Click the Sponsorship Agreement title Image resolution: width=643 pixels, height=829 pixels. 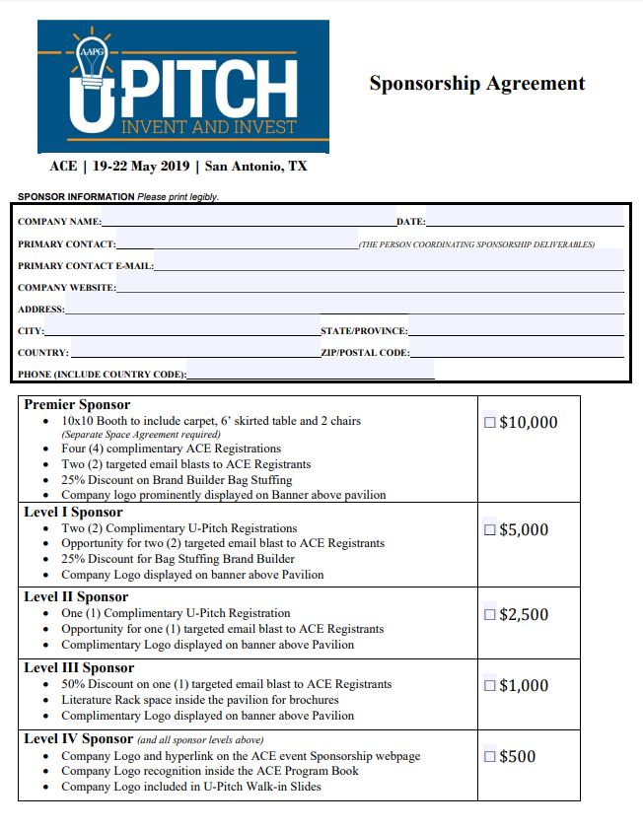click(477, 84)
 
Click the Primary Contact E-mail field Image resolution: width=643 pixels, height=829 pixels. click(389, 265)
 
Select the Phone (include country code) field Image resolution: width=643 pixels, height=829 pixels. click(310, 374)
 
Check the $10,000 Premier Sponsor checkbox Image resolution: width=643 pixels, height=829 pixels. click(490, 423)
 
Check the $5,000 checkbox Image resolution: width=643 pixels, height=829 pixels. click(490, 530)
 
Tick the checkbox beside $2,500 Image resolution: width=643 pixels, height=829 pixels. click(490, 615)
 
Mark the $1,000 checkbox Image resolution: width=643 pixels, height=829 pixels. click(490, 686)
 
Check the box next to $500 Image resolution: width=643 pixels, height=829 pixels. click(490, 757)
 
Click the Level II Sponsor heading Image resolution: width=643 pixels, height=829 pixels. click(76, 596)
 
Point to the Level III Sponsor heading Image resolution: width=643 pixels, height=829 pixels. click(79, 667)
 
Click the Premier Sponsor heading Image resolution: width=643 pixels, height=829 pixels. click(77, 404)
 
